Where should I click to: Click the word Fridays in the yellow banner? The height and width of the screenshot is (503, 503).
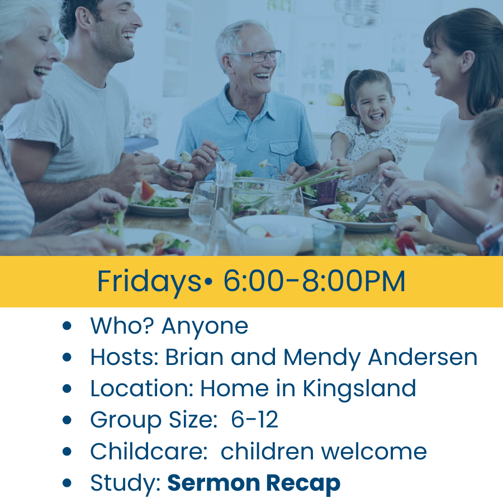coord(149,282)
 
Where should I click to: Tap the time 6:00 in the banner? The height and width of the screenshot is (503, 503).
coord(253,281)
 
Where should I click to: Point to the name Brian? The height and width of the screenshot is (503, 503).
coord(194,357)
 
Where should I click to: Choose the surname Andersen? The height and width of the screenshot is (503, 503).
coord(423,357)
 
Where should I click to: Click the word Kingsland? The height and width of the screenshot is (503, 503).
coord(359,389)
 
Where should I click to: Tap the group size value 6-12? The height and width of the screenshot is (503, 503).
coord(254,419)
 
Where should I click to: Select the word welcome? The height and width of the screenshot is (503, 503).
coord(374,451)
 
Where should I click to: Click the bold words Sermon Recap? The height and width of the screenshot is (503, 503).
coord(254,483)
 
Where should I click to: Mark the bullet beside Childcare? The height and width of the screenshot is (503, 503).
coord(67,452)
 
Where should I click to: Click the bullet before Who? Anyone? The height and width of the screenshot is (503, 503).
coord(67,326)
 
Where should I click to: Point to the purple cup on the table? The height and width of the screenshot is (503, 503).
coord(327,192)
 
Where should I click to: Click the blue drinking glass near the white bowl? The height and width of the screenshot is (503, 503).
coord(328,239)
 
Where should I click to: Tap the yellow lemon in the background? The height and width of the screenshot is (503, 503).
coord(334,99)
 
